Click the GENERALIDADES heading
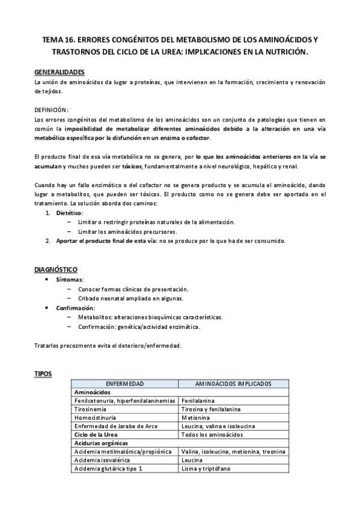(x=59, y=72)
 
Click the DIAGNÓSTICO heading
(x=56, y=269)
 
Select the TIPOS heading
(x=43, y=373)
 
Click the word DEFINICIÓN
(x=52, y=110)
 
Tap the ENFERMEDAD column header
(x=124, y=383)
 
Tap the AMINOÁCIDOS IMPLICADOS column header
(x=233, y=383)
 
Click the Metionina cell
(x=195, y=417)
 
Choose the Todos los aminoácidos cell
(x=212, y=434)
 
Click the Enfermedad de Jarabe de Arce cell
(x=115, y=425)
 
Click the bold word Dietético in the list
(x=70, y=213)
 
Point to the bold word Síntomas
(x=70, y=280)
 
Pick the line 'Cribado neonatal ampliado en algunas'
(x=130, y=298)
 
